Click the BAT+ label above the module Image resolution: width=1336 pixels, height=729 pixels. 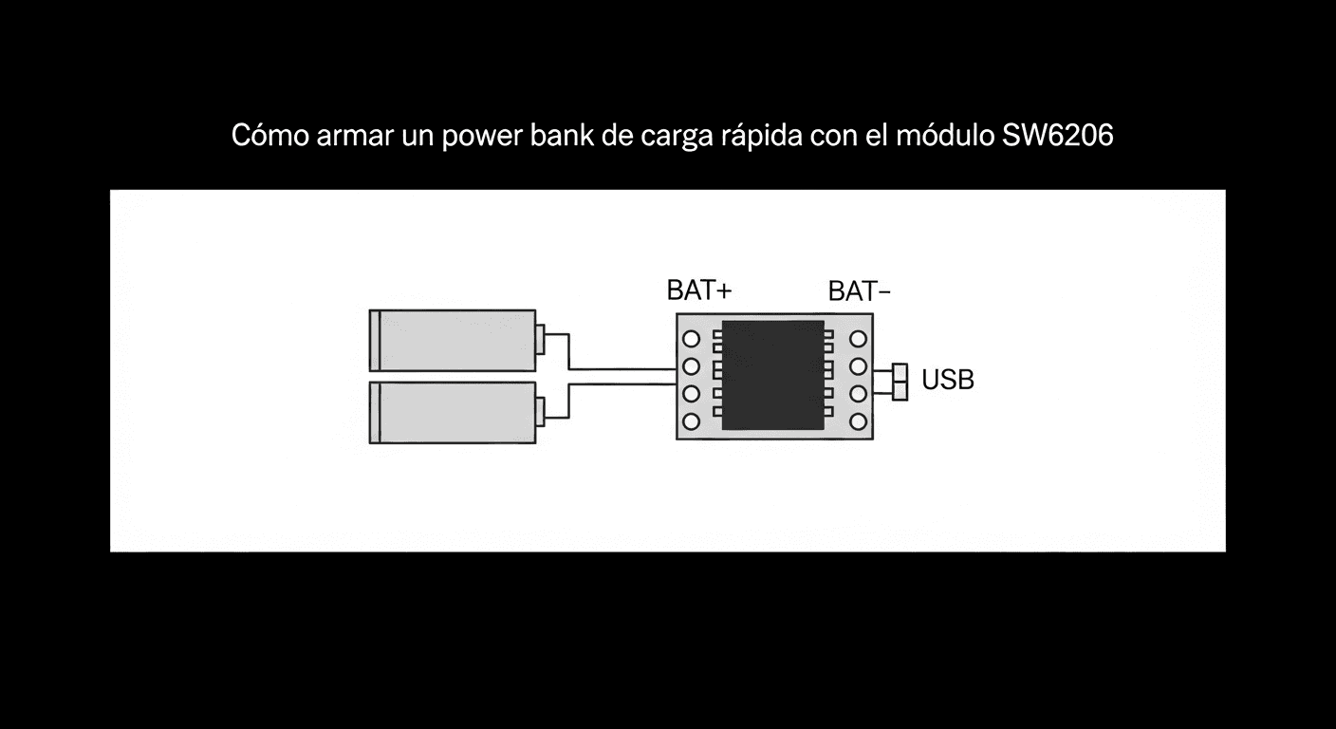[699, 290]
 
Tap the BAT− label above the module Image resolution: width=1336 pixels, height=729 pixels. [860, 291]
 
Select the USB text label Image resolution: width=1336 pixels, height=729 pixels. [948, 380]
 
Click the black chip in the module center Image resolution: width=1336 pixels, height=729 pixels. [773, 375]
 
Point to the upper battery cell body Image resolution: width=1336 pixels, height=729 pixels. [453, 341]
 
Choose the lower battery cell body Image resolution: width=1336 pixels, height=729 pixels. [453, 413]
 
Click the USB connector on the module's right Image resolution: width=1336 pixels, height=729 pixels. [900, 382]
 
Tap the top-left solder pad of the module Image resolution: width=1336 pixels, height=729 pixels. [691, 339]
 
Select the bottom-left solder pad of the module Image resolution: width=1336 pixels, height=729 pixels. [691, 421]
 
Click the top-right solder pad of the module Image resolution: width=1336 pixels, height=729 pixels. [858, 339]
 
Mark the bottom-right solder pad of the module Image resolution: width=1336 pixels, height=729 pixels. [858, 421]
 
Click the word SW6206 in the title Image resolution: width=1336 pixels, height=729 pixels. [1057, 136]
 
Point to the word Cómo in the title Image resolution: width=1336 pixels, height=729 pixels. [269, 136]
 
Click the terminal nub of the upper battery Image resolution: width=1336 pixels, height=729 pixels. [540, 340]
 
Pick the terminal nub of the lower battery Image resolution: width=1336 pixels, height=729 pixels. [540, 412]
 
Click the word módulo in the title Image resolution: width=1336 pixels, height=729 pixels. [945, 136]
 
